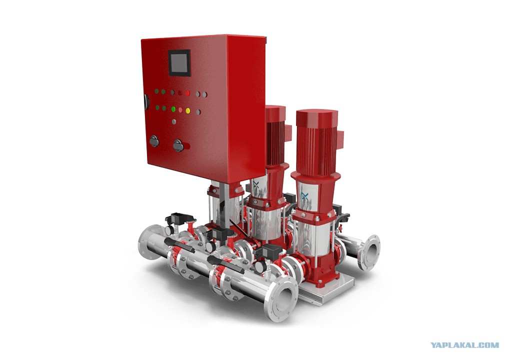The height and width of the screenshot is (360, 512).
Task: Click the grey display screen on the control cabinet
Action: click(179, 62)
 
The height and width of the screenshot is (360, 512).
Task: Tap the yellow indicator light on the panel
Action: click(188, 110)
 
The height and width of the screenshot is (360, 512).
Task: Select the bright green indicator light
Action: click(173, 109)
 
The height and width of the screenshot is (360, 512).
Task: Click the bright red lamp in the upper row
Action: click(187, 93)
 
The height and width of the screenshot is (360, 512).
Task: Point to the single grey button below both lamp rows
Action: click(174, 121)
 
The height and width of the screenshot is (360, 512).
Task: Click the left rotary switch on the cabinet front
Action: click(154, 141)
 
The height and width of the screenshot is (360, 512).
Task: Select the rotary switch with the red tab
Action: click(179, 145)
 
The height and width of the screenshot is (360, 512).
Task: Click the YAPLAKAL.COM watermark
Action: click(464, 345)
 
